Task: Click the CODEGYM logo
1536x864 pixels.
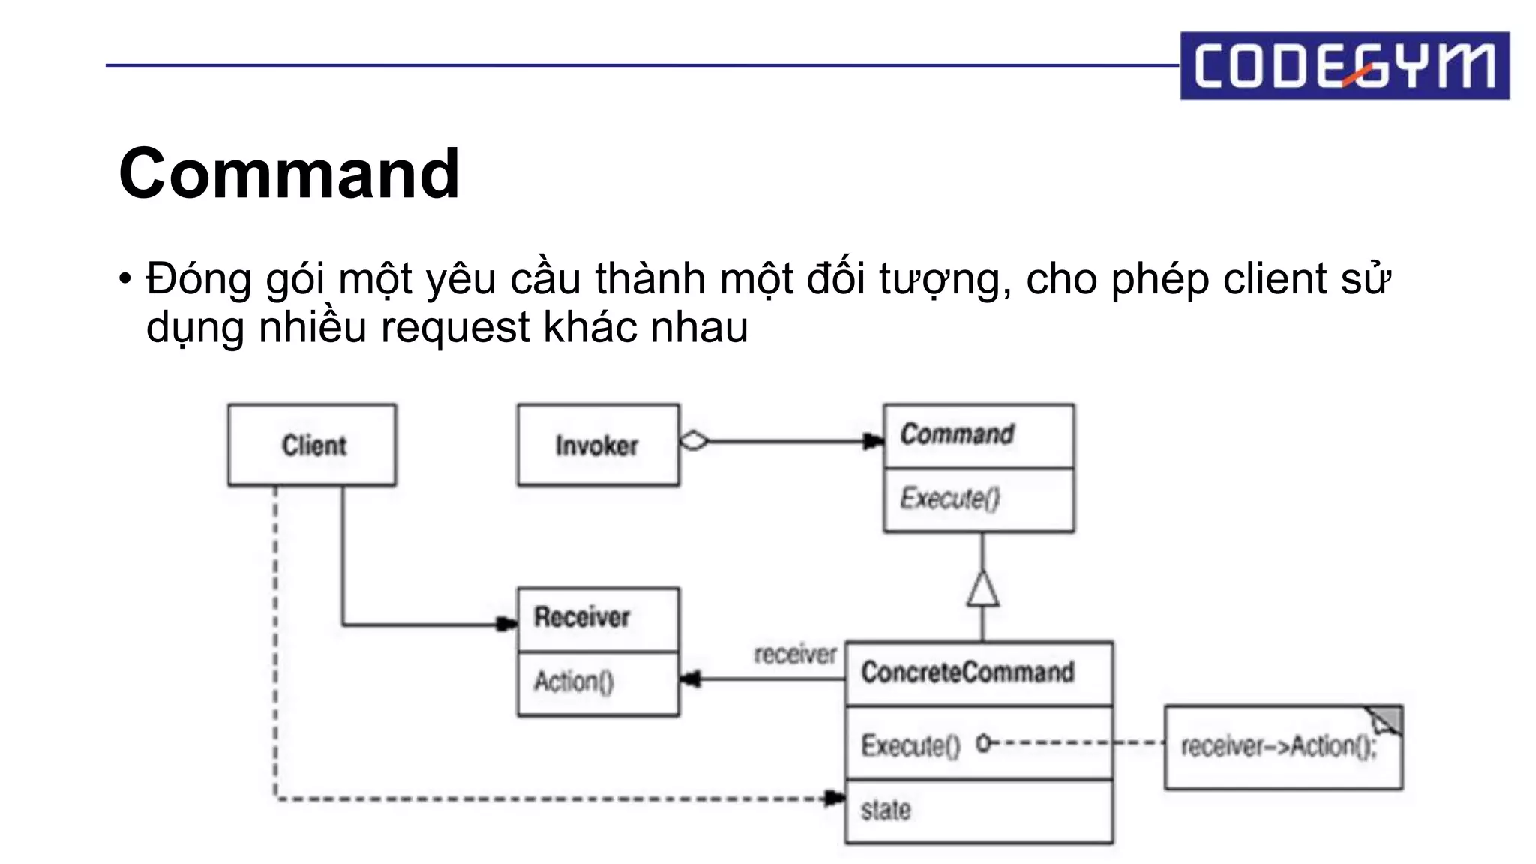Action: coord(1344,65)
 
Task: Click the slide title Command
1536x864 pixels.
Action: coord(289,174)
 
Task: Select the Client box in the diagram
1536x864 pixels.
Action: coord(312,445)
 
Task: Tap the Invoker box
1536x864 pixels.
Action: coord(598,445)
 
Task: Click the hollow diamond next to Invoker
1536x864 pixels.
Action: coord(694,441)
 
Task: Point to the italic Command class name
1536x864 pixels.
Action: coord(957,434)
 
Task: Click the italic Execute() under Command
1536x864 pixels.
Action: coord(949,499)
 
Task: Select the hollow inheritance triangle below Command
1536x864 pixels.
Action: coord(982,589)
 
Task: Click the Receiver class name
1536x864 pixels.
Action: coord(581,617)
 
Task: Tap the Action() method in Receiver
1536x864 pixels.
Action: coord(574,682)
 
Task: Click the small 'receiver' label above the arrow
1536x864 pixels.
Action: coord(794,655)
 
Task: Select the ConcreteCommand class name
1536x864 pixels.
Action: coord(967,672)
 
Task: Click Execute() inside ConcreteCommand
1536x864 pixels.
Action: coord(910,745)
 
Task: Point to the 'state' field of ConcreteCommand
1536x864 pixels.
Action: coord(886,811)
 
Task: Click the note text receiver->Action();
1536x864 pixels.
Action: coord(1279,747)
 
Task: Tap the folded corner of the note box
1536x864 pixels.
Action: coord(1386,720)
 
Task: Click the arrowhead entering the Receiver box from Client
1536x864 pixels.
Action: coord(507,624)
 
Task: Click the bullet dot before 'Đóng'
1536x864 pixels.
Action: coord(124,279)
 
